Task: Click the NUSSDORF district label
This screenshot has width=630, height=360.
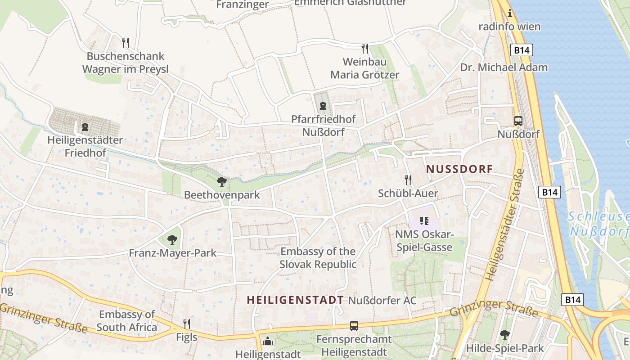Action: (459, 169)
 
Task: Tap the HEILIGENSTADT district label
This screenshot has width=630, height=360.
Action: (295, 300)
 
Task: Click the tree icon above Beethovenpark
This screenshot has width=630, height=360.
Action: (221, 182)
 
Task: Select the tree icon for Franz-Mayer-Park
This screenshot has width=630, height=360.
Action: (172, 240)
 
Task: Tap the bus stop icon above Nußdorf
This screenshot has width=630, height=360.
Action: (518, 121)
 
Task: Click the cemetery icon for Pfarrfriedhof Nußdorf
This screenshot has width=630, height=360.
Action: (323, 106)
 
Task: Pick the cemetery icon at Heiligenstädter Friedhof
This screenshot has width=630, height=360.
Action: (85, 127)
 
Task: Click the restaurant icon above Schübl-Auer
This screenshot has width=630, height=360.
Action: (408, 180)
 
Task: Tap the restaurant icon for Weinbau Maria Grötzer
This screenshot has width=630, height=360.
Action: (365, 48)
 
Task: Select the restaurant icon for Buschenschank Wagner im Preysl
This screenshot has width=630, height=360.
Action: (126, 43)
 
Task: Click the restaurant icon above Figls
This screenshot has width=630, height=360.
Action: (187, 324)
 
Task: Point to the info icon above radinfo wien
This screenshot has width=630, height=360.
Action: (509, 13)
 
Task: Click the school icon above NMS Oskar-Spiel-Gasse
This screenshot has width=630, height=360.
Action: (424, 220)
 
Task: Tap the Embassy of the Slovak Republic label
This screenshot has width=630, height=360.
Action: (318, 258)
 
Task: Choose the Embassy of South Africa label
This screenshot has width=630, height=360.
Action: (126, 320)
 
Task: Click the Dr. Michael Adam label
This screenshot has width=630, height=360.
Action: (504, 67)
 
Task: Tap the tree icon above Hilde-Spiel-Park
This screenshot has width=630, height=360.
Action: (505, 335)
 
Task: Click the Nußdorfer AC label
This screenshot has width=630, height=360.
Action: (382, 300)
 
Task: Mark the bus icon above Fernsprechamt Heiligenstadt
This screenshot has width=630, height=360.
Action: (354, 325)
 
